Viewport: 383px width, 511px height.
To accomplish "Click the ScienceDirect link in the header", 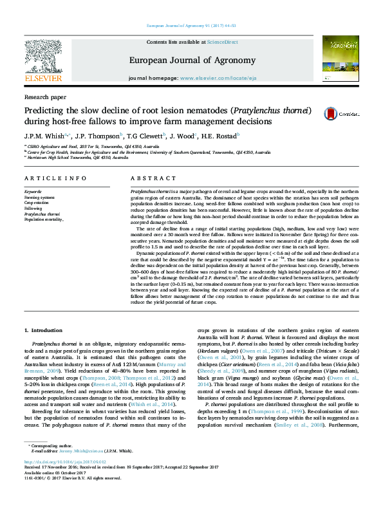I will pos(222,42).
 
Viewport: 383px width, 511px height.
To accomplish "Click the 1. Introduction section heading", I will pos(43,330).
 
